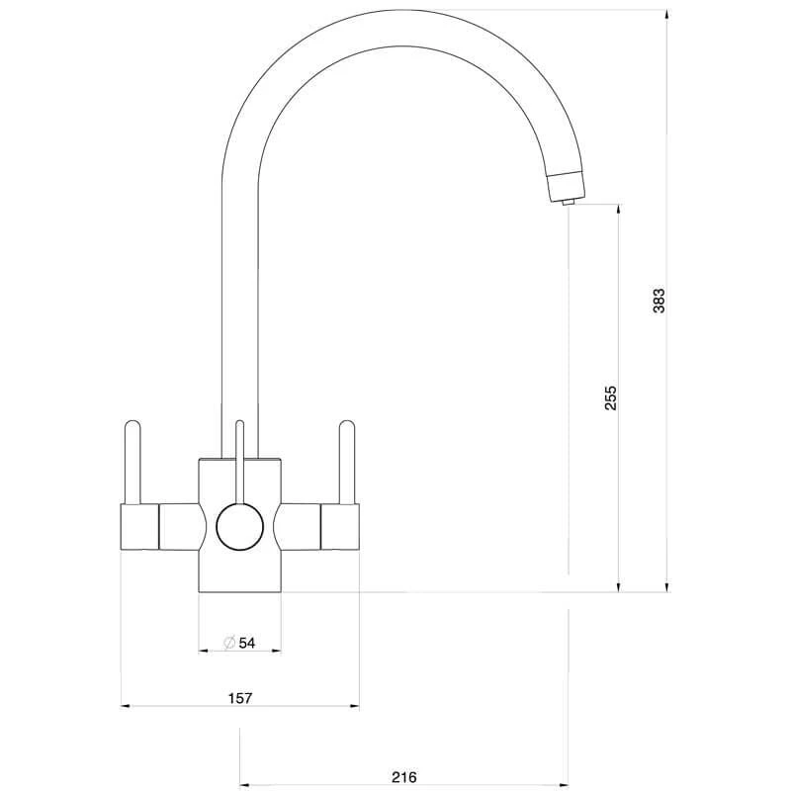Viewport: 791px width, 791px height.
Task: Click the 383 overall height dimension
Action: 659,301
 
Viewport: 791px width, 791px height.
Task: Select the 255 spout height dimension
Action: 611,397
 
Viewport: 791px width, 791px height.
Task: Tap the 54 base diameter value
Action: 246,643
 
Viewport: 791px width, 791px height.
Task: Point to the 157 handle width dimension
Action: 240,697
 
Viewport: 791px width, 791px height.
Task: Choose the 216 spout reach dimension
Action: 404,777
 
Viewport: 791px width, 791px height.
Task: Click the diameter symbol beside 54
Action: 228,643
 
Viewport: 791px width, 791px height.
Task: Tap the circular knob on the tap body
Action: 238,525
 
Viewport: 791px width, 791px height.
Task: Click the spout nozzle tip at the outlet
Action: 566,201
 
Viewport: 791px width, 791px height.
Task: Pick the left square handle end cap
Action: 139,525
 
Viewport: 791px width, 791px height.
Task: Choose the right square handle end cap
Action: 340,525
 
